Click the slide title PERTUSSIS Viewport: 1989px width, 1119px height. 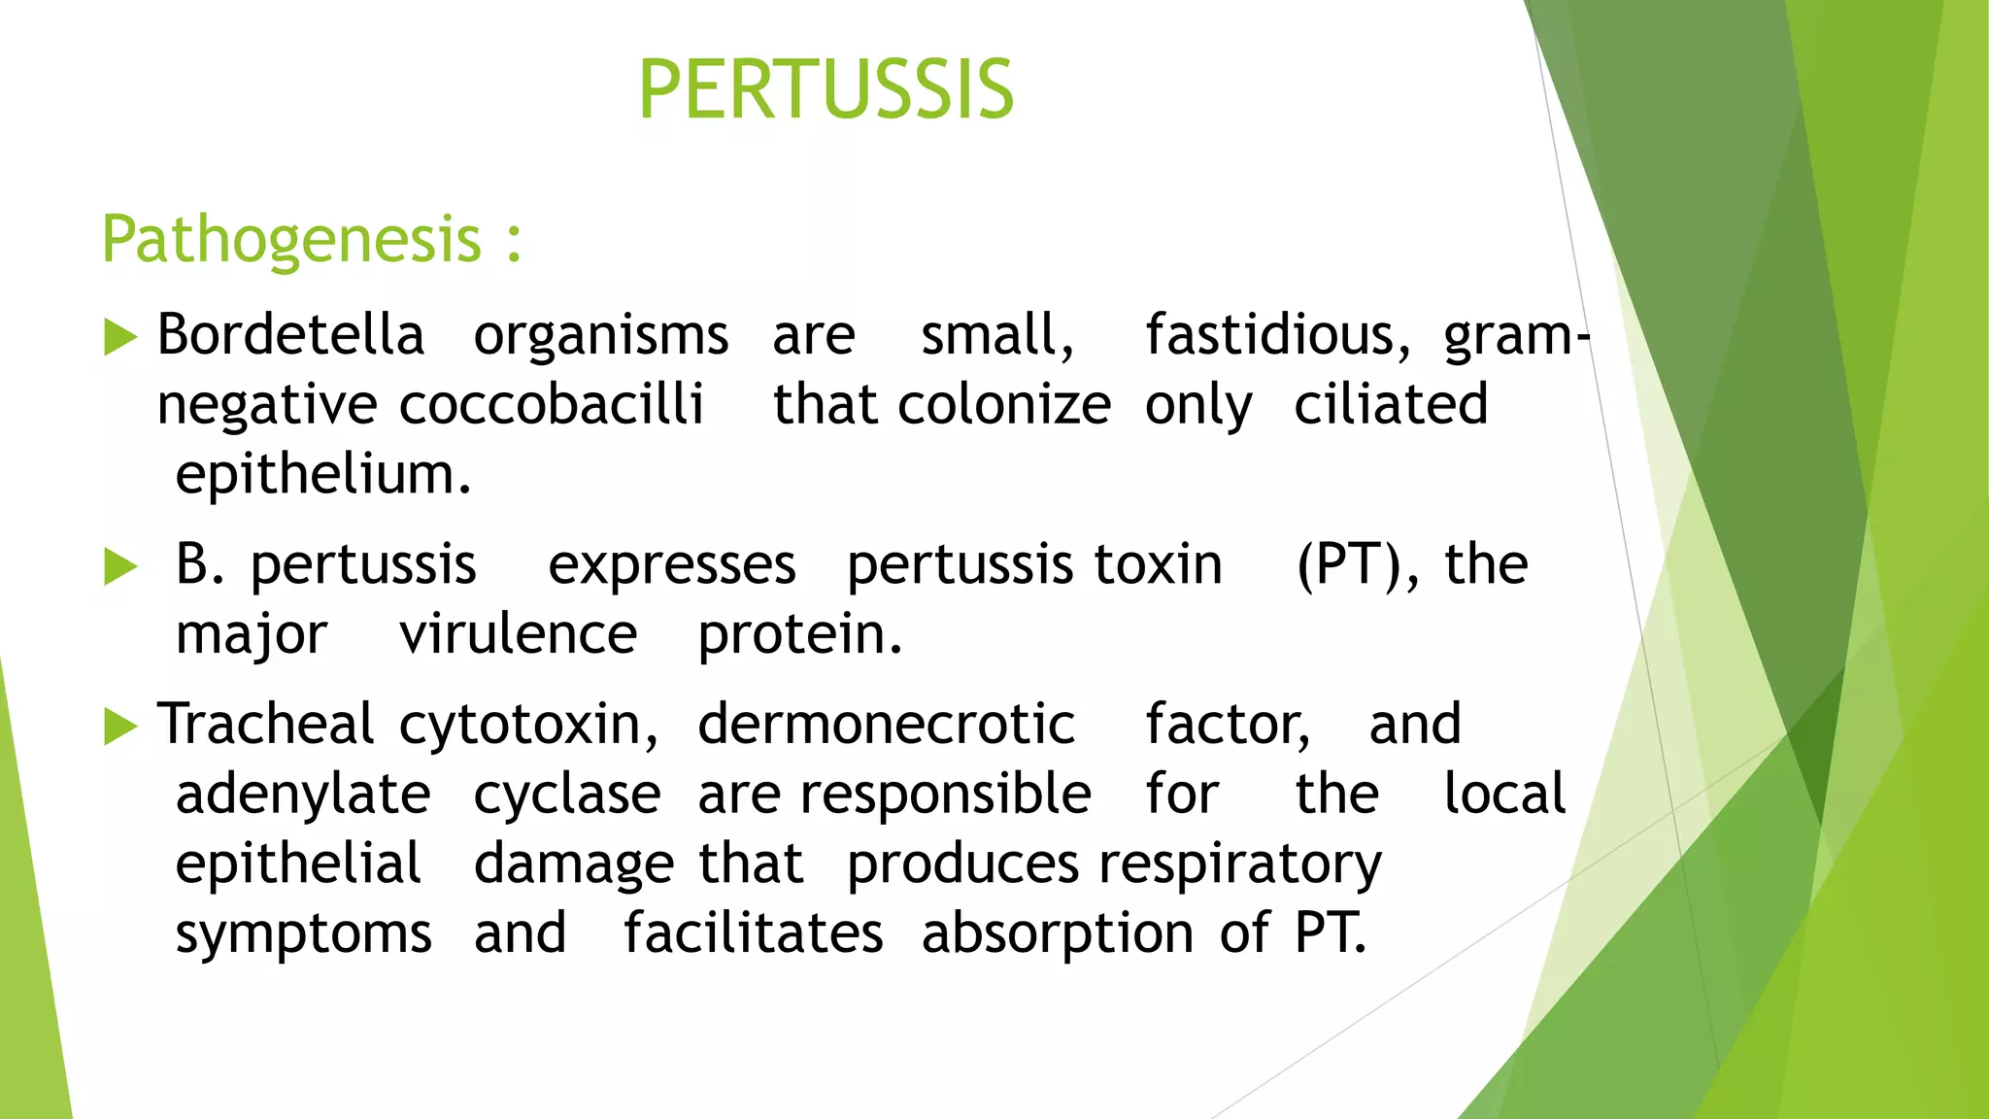(x=826, y=90)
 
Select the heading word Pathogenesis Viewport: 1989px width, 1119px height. (x=291, y=239)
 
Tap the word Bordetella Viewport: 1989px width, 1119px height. (x=290, y=335)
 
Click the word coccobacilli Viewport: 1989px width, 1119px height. (x=551, y=405)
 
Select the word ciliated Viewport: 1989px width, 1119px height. (x=1390, y=405)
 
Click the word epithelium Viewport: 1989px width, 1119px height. (x=322, y=475)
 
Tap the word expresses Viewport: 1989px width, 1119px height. (x=671, y=564)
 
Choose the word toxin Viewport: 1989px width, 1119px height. (x=1158, y=564)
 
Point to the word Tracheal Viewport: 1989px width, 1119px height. (x=265, y=725)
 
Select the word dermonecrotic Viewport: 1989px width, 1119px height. (x=886, y=725)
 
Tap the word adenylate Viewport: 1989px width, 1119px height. (x=303, y=795)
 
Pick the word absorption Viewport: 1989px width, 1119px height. (x=1058, y=934)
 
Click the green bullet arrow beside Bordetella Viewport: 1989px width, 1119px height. (x=119, y=337)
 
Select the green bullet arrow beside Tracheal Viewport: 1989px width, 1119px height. (x=119, y=727)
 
